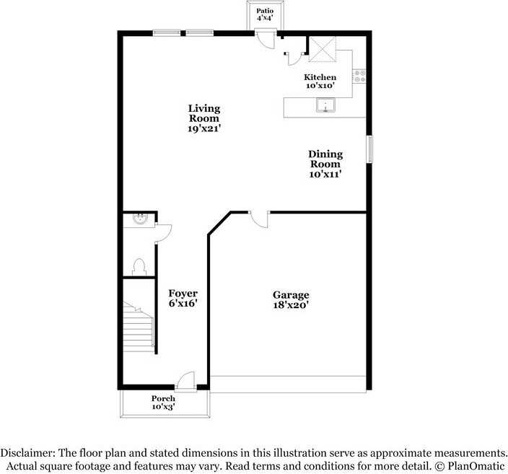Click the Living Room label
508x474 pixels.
coord(204,118)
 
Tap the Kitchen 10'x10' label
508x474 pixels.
coord(320,81)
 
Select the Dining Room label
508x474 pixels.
coord(325,164)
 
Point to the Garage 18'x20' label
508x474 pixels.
coord(291,299)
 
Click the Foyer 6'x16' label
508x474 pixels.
coord(183,298)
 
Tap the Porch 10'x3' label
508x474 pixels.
coord(163,403)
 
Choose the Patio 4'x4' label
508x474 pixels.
coord(266,15)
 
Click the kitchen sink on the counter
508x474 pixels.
coord(326,107)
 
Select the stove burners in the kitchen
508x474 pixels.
coord(359,74)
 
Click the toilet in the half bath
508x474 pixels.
coord(139,266)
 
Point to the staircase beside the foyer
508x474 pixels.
coord(138,328)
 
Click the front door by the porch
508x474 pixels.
coord(186,380)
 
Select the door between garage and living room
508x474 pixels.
coord(258,217)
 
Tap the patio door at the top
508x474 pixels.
coord(266,39)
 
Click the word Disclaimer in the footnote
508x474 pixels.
coord(27,452)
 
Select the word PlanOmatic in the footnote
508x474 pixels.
coord(476,465)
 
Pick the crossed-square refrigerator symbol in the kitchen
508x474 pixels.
coord(323,48)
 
